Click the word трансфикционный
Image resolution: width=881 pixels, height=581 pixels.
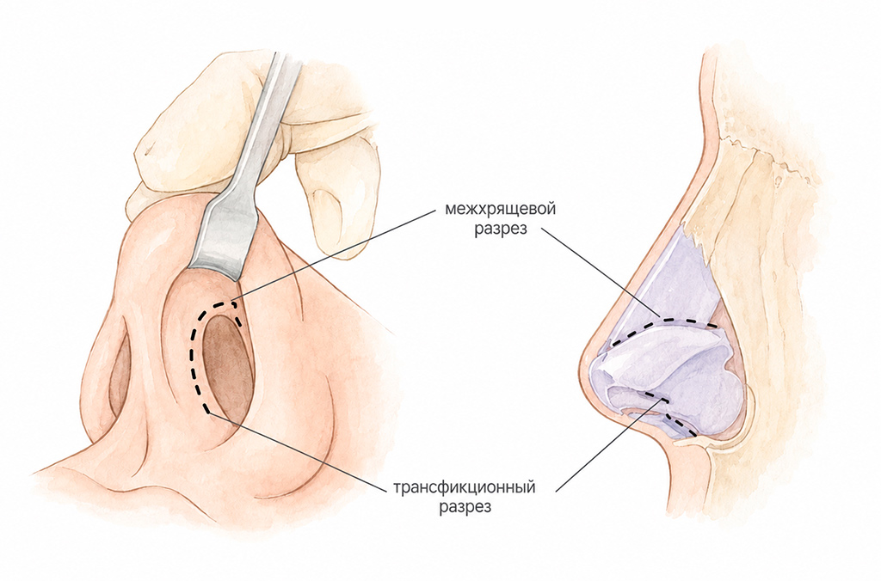click(464, 486)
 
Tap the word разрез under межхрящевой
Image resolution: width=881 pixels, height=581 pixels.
click(501, 230)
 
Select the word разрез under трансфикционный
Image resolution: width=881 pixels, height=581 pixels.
click(465, 506)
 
